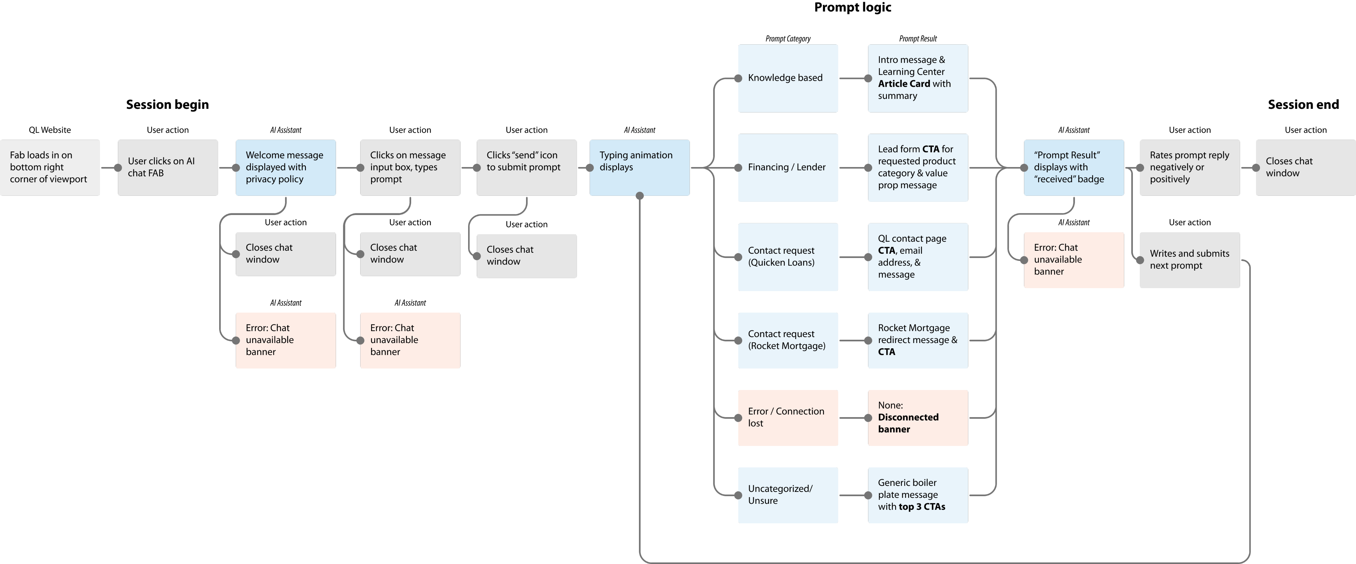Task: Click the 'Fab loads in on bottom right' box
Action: coord(49,167)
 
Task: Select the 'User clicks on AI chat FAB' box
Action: coord(168,167)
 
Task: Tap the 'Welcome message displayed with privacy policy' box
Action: coord(285,167)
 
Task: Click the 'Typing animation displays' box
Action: coord(639,167)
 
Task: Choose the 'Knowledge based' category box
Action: coord(788,78)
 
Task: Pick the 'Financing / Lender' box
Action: coord(788,167)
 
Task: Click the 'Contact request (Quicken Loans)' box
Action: coord(788,257)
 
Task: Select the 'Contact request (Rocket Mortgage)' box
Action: coord(788,340)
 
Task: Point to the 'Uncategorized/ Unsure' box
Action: coord(788,495)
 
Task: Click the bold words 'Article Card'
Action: coord(903,84)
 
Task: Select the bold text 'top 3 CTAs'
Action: coord(921,507)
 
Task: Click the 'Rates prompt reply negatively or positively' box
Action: coord(1190,167)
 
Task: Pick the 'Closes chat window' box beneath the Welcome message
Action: coord(285,254)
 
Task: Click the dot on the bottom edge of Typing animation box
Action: coord(640,196)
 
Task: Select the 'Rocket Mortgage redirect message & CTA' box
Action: coord(917,340)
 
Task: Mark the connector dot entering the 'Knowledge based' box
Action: coord(738,78)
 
